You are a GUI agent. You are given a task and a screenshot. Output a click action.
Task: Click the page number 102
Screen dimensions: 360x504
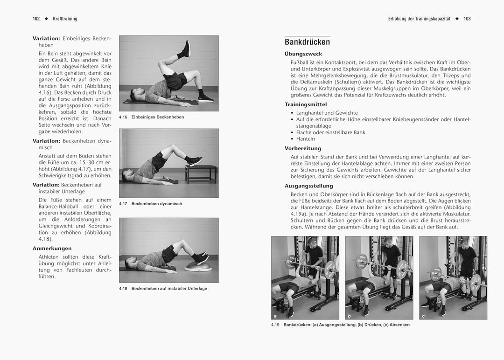tap(36, 19)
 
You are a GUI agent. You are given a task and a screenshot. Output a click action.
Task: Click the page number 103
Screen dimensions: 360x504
tap(467, 19)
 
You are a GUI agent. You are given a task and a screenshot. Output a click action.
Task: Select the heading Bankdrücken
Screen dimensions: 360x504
tap(307, 42)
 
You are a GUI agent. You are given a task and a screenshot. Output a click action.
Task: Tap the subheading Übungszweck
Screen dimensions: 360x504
tap(303, 54)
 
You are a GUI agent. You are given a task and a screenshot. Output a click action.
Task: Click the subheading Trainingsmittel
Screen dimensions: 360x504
tap(306, 104)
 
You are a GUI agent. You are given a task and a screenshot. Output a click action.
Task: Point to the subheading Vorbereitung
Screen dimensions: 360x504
tap(303, 148)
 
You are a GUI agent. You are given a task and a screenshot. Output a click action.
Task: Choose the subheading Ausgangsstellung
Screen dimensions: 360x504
tap(309, 186)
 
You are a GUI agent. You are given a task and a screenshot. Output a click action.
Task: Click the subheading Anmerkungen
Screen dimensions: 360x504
tap(52, 249)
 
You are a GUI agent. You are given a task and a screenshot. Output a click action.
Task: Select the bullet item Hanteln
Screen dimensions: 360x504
tap(306, 139)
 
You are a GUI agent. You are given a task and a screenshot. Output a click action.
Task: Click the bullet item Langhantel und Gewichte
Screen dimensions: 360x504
tap(327, 113)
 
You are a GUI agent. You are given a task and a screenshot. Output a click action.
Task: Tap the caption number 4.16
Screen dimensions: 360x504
tap(123, 117)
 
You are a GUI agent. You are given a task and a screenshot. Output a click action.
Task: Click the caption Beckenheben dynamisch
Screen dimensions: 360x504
tap(157, 204)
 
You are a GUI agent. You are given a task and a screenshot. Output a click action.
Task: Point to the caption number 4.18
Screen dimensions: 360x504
tap(123, 289)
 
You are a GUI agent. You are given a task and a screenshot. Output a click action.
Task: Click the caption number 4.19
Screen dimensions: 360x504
tap(275, 325)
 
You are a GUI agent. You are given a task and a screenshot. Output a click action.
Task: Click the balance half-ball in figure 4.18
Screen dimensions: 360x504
tap(196, 267)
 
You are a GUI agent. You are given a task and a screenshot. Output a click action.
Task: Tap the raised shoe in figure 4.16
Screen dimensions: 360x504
tap(187, 49)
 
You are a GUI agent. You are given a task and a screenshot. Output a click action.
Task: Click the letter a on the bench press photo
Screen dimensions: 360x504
tap(275, 316)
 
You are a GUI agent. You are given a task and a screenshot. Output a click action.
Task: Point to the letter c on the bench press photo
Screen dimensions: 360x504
tap(423, 316)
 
